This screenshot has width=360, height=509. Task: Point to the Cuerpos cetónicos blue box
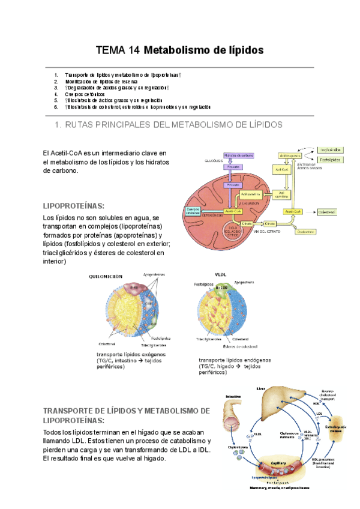coord(193,211)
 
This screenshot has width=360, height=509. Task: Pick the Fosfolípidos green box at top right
coord(331,160)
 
